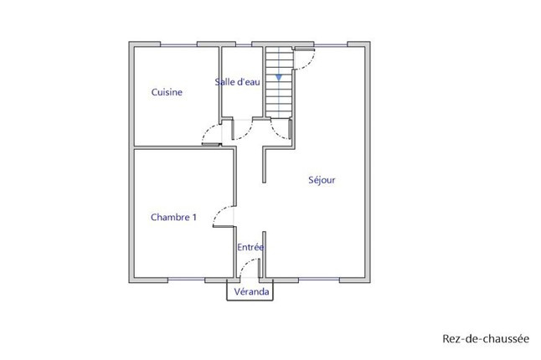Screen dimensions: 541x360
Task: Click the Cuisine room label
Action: pos(167,92)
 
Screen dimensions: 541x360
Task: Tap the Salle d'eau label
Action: pos(237,82)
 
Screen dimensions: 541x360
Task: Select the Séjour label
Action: pos(322,180)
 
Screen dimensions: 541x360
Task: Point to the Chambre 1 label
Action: pos(173,217)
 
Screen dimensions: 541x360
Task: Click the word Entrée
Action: pos(250,247)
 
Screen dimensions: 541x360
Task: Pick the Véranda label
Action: pos(251,291)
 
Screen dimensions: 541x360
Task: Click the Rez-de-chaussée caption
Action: pos(486,338)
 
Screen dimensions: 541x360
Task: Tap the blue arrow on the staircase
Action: pos(279,78)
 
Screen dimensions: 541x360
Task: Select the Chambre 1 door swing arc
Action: pos(219,212)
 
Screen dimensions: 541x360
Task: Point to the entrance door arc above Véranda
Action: pos(245,264)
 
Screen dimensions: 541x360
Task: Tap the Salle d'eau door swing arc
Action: pos(247,134)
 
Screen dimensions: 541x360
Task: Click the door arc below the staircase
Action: pos(276,134)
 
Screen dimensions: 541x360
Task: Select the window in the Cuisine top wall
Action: pos(178,45)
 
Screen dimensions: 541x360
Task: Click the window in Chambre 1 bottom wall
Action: pos(186,280)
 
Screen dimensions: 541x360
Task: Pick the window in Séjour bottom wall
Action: pos(319,280)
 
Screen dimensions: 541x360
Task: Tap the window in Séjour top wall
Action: pos(331,45)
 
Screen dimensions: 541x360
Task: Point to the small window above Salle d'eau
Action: pos(244,45)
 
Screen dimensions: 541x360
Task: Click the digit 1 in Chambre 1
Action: pos(194,217)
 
